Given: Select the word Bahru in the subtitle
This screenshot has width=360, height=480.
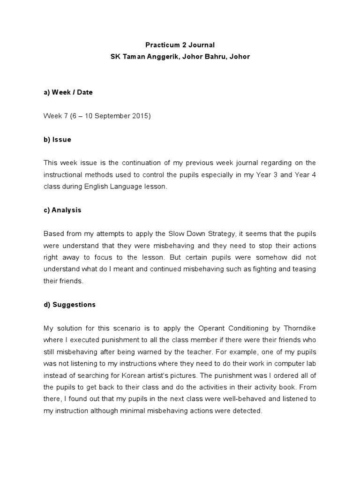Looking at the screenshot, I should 211,57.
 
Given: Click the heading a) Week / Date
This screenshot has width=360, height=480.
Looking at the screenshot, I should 68,92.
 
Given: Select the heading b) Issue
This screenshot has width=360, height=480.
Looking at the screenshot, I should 57,140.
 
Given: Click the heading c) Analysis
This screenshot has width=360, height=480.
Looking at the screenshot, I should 62,210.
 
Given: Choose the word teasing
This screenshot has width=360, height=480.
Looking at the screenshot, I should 303,269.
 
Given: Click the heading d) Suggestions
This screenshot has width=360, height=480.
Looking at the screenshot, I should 69,305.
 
